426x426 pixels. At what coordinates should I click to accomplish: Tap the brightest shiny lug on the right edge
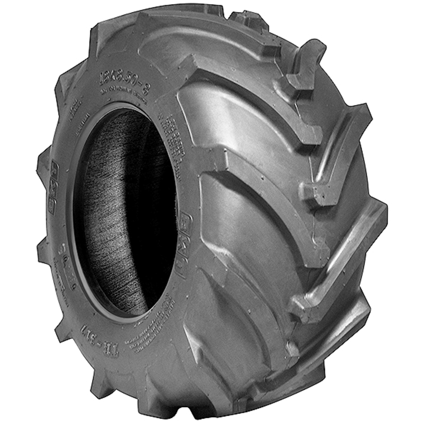(341, 264)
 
